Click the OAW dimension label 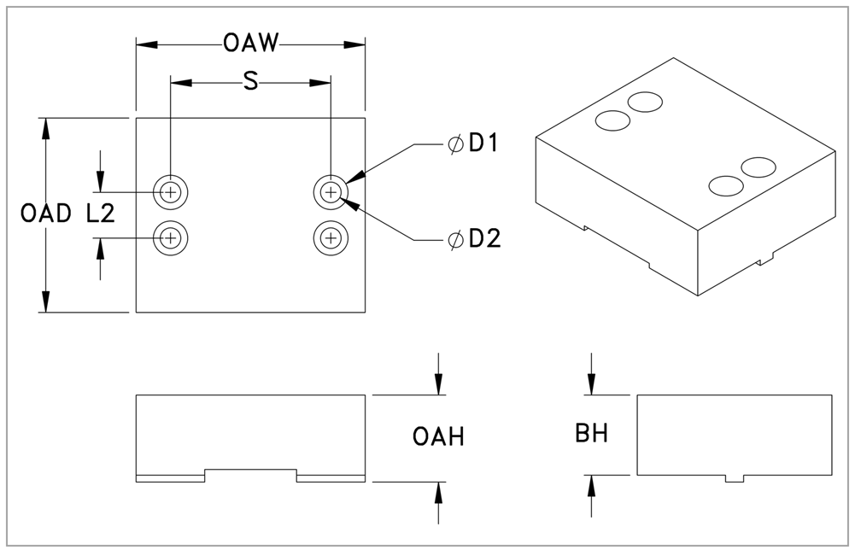250,43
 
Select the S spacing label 250,82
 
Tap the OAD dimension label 45,214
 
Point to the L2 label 101,214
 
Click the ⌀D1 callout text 475,144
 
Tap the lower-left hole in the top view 171,237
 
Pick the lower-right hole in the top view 331,237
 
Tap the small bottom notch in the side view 735,478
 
